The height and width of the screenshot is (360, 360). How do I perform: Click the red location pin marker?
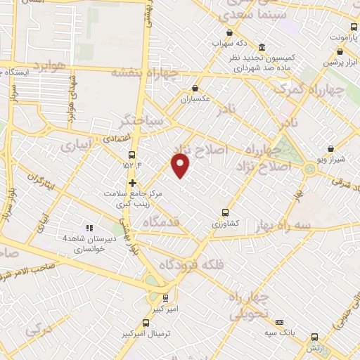coord(181,166)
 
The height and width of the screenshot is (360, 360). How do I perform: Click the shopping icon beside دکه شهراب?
coord(229,32)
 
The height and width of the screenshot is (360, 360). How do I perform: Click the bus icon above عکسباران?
coord(195,89)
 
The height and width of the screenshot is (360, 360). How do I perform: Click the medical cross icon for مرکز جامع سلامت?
coord(132,183)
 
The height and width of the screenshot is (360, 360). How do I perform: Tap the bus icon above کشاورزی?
coord(225,212)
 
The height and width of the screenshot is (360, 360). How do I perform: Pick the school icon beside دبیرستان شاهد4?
coord(89,228)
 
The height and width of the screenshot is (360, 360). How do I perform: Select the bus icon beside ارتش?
coord(314,337)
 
